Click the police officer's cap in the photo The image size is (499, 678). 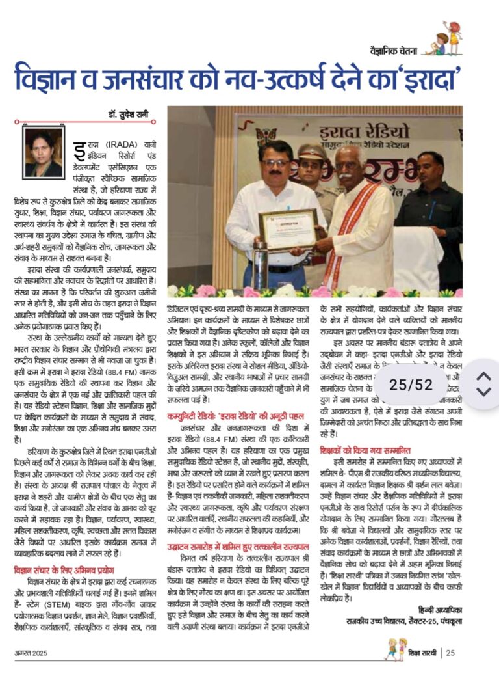click(x=311, y=151)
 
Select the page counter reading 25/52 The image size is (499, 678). click(x=411, y=385)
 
